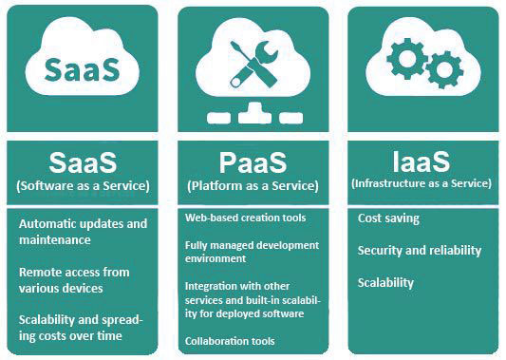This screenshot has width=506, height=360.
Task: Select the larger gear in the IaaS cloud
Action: pyautogui.click(x=409, y=59)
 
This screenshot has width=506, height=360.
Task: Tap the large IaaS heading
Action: pyautogui.click(x=422, y=159)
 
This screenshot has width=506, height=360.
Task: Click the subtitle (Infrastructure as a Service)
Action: pyautogui.click(x=422, y=182)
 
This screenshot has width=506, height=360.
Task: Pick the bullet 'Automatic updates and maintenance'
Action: pyautogui.click(x=84, y=231)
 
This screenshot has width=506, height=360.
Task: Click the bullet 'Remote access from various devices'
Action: pyautogui.click(x=76, y=279)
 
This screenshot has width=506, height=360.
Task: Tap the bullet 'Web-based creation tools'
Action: pyautogui.click(x=245, y=218)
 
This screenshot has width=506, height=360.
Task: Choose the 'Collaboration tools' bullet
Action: pyautogui.click(x=230, y=340)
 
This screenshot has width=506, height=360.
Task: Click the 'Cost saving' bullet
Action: pyautogui.click(x=388, y=219)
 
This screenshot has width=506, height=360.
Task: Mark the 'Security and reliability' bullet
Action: pyautogui.click(x=420, y=251)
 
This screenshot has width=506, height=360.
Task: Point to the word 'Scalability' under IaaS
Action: pyautogui.click(x=386, y=283)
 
